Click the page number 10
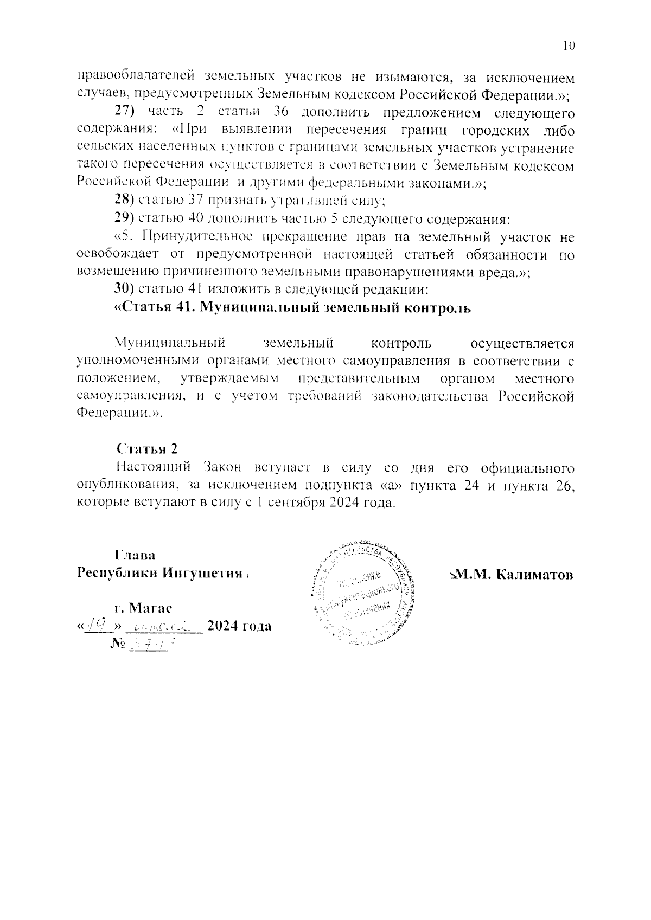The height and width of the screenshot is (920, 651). pyautogui.click(x=568, y=46)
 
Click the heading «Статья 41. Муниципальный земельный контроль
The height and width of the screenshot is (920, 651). pyautogui.click(x=292, y=307)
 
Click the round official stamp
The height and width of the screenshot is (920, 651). pyautogui.click(x=361, y=593)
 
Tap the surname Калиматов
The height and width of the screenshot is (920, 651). pyautogui.click(x=535, y=575)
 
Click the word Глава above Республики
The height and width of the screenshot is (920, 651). pyautogui.click(x=135, y=556)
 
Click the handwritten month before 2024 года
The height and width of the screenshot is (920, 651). pyautogui.click(x=163, y=627)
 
